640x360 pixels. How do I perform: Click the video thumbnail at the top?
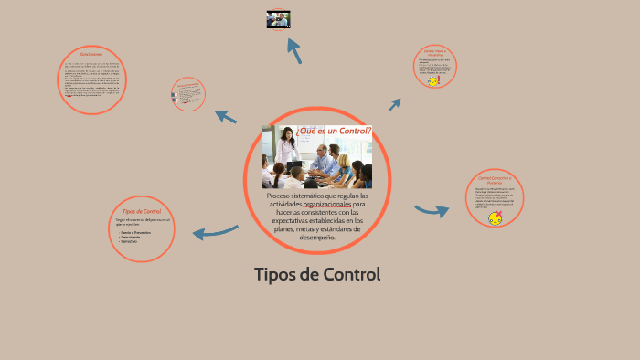(278, 19)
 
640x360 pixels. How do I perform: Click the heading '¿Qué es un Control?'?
(333, 132)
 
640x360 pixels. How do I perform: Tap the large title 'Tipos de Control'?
(316, 274)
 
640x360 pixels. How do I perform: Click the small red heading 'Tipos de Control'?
(142, 211)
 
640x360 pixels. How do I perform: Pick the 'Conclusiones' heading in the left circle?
(91, 54)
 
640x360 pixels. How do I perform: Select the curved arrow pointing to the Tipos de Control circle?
(215, 232)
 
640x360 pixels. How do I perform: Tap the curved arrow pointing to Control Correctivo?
(432, 211)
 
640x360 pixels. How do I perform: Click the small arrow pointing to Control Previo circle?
(395, 104)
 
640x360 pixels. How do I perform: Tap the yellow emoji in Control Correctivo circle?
(495, 217)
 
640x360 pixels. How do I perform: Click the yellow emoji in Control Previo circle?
(432, 80)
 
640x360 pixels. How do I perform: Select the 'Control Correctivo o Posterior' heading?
(495, 180)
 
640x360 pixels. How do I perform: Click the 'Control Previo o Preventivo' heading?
(434, 53)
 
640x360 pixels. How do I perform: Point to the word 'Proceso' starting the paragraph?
(282, 196)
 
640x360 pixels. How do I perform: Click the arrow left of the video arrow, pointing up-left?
(225, 116)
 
